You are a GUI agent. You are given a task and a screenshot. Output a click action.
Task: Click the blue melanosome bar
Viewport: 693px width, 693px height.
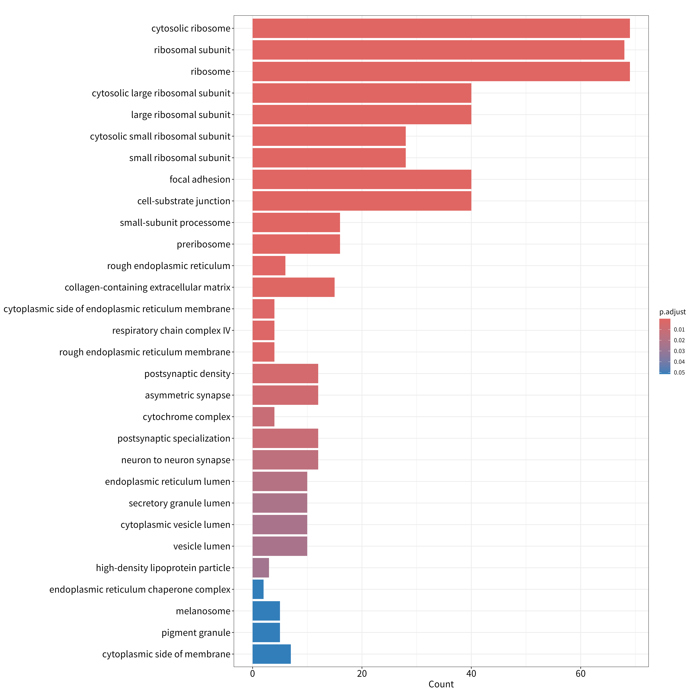(x=266, y=611)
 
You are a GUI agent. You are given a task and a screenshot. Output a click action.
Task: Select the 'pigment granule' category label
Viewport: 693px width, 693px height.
(x=196, y=633)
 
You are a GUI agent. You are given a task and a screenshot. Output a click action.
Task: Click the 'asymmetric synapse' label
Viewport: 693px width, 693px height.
(x=188, y=395)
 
